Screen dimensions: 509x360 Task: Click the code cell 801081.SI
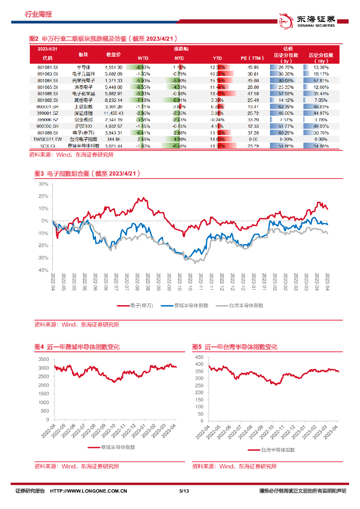[48, 67]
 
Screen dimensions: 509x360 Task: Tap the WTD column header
[143, 58]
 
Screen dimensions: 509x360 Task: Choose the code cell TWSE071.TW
[48, 139]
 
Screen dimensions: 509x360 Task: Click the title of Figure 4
[77, 347]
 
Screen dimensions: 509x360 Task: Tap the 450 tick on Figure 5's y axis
[199, 357]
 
